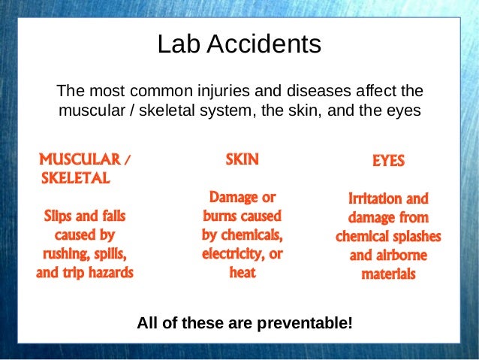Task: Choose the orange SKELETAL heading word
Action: coord(75,179)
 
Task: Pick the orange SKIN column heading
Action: coord(242,159)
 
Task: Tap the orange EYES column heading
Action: coord(388,161)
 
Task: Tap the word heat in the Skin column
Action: coord(242,273)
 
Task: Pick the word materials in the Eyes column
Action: coord(388,274)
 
